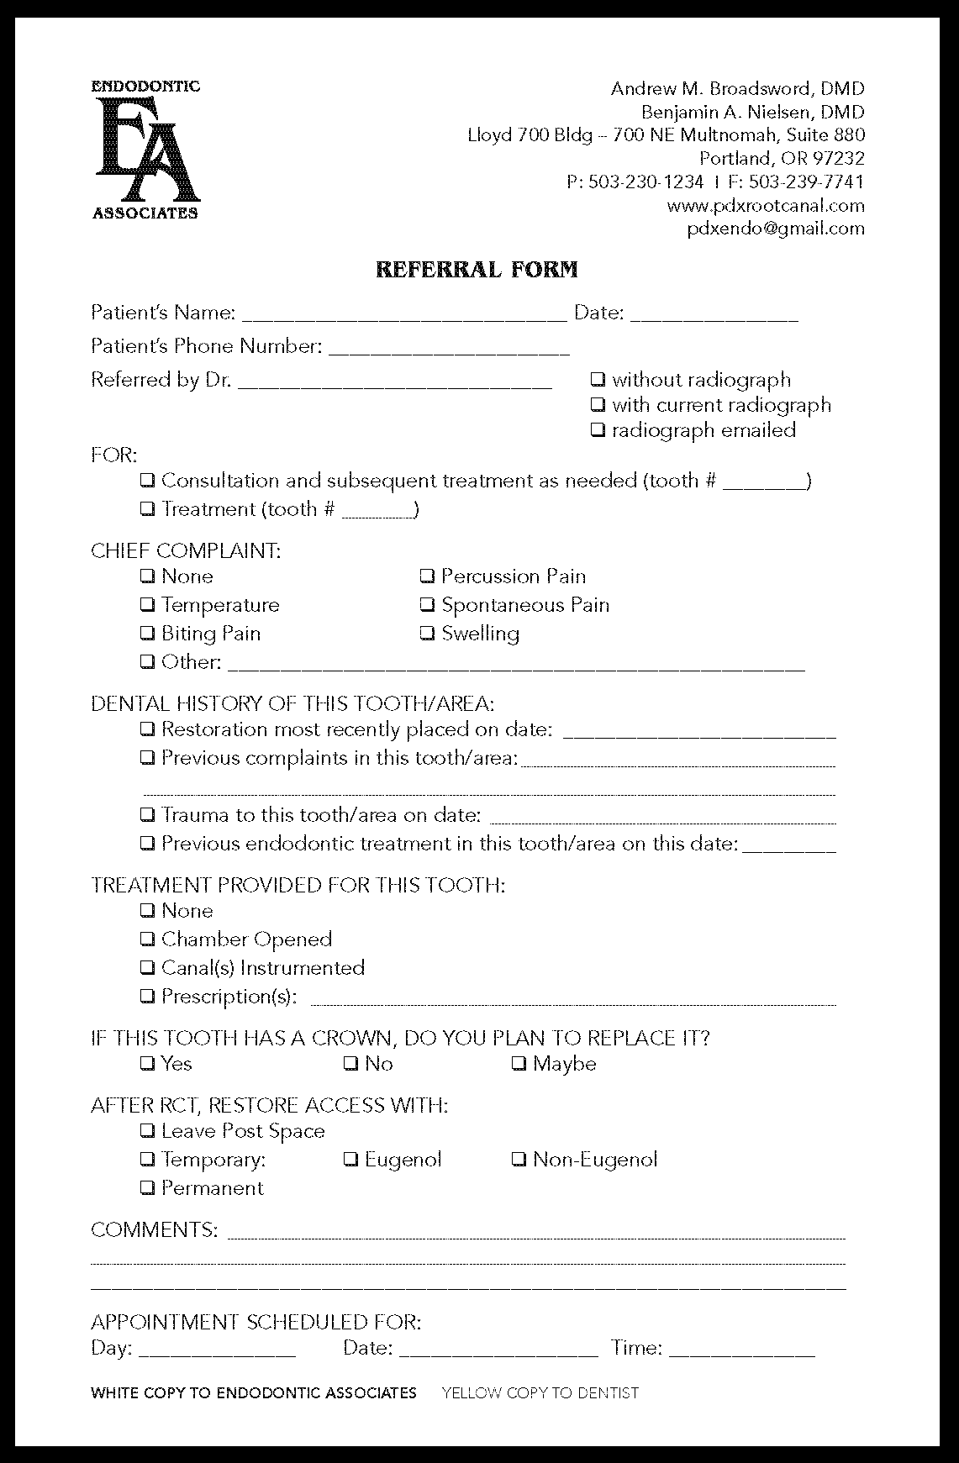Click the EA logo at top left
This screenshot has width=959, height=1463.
145,149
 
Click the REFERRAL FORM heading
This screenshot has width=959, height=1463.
477,270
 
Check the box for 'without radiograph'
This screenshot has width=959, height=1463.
598,380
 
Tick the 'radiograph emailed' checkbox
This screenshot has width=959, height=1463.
598,430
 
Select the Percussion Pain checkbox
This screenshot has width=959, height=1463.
427,576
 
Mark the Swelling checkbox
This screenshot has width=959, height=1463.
427,634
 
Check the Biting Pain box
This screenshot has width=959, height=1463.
147,634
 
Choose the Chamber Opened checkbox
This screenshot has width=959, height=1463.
147,939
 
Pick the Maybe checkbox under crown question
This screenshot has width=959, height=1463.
519,1064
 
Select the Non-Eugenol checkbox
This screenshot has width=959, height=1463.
519,1160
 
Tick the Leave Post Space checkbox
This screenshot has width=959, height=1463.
147,1131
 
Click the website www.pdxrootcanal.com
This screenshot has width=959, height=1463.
765,206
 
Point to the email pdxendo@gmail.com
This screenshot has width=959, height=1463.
775,229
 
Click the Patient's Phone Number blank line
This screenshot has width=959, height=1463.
449,349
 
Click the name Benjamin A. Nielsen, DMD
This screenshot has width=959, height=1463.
752,112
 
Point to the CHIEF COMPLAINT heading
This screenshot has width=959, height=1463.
186,551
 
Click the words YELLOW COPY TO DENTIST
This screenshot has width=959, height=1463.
540,1392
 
